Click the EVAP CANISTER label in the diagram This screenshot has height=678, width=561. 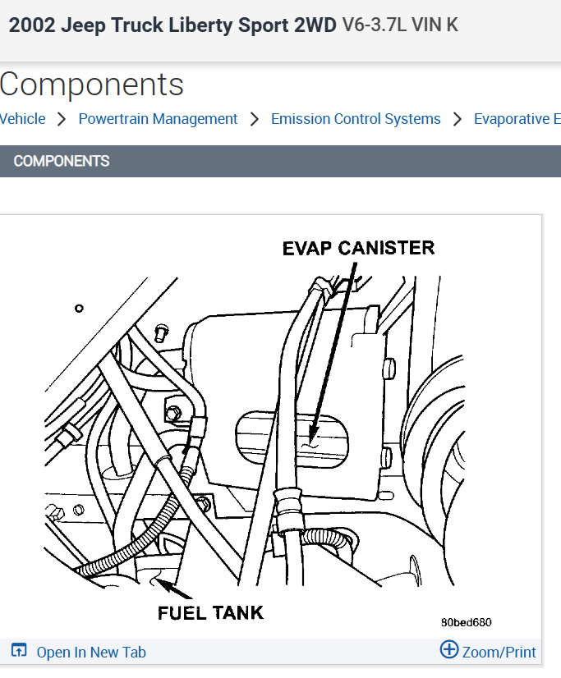click(358, 248)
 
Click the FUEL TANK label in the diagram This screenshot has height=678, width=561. click(211, 612)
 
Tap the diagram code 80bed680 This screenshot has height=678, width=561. click(466, 622)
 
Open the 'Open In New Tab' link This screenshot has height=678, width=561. click(91, 653)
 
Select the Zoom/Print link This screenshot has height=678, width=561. click(499, 653)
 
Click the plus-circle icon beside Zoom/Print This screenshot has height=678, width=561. click(449, 650)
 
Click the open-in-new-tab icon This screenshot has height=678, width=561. click(20, 652)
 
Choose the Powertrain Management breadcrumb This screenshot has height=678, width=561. click(158, 119)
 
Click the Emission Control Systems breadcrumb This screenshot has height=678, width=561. click(356, 119)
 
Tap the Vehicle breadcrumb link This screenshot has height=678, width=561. click(22, 119)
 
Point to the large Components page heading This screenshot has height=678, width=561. click(92, 85)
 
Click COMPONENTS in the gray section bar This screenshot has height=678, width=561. click(62, 161)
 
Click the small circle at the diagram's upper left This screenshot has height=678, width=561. click(79, 309)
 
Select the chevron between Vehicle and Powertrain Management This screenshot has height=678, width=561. click(62, 119)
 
